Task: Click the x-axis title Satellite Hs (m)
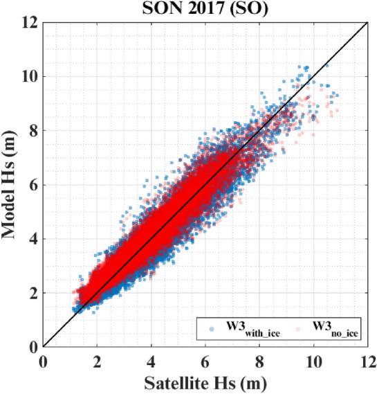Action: tap(205, 383)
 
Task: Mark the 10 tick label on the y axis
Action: tap(30, 76)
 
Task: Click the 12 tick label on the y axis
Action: tap(30, 22)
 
